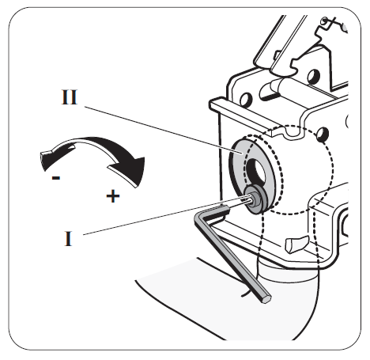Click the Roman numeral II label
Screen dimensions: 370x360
click(70, 97)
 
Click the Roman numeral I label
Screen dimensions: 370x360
click(68, 238)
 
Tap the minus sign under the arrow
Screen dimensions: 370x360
click(56, 178)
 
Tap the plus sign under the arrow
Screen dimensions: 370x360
click(113, 196)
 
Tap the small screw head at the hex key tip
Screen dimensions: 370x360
click(255, 199)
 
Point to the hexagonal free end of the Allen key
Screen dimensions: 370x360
click(266, 299)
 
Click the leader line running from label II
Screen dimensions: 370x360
click(164, 130)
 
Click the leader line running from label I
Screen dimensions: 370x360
click(165, 215)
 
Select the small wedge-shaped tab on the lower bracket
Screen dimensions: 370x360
click(296, 244)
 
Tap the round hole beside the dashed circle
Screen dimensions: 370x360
click(323, 133)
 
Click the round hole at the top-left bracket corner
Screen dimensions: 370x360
click(246, 99)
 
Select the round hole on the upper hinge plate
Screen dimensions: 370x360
click(314, 76)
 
